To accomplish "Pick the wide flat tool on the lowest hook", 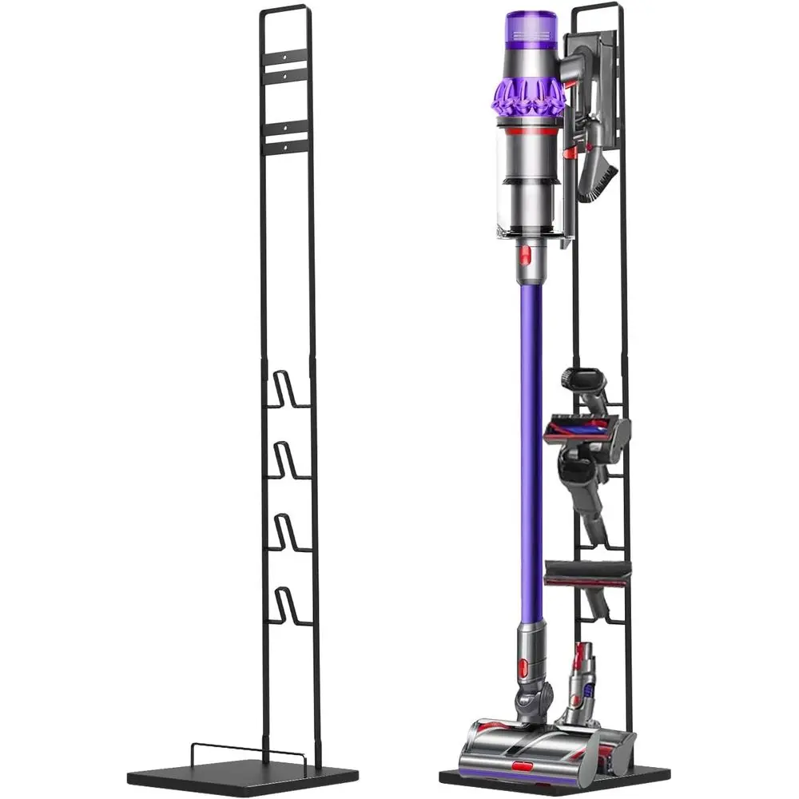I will [x=587, y=569].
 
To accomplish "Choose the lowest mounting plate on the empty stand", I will [x=285, y=145].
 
